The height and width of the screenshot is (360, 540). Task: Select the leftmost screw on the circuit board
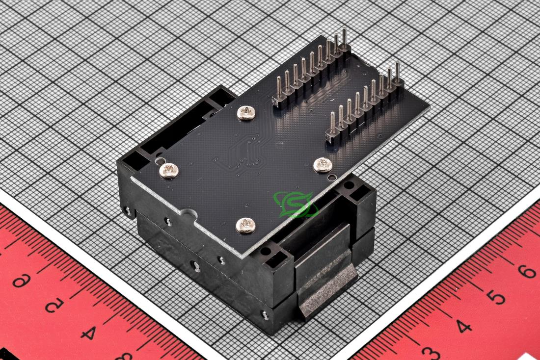[169, 170]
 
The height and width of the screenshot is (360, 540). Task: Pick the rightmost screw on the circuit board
[323, 165]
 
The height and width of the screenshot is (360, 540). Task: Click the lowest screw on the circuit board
[245, 226]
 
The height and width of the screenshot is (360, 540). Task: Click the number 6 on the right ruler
[527, 271]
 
